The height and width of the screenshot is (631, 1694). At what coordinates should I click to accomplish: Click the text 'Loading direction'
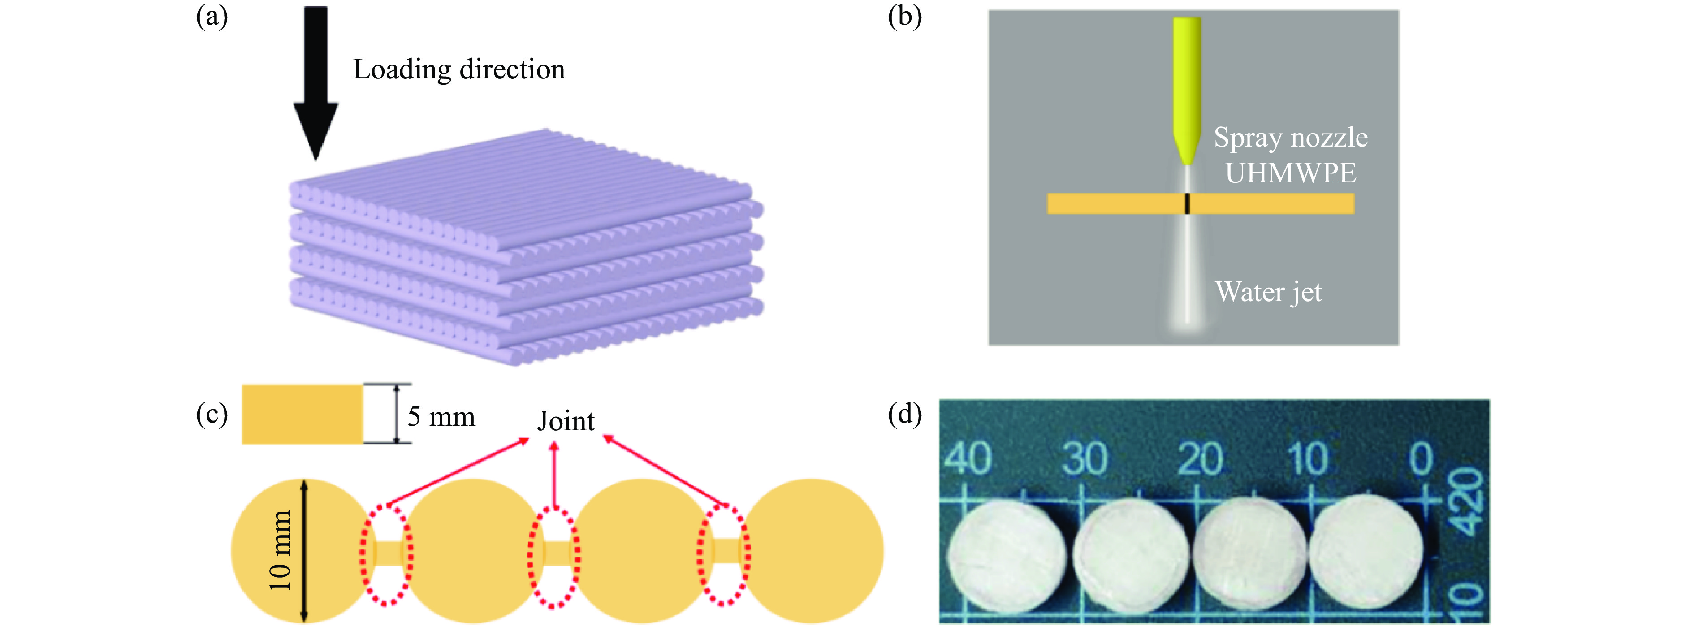click(x=458, y=69)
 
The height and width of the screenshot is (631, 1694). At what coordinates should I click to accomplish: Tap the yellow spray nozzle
click(x=1187, y=86)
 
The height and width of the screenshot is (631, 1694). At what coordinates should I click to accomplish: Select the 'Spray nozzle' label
click(x=1290, y=138)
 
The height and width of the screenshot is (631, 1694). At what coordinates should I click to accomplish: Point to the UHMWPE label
click(x=1290, y=173)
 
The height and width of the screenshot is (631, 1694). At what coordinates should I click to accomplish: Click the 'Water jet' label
click(x=1268, y=292)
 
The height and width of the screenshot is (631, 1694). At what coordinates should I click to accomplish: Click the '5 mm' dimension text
click(x=441, y=416)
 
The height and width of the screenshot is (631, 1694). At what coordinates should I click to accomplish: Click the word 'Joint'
click(x=566, y=421)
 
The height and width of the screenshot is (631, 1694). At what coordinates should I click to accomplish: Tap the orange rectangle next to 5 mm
click(x=302, y=414)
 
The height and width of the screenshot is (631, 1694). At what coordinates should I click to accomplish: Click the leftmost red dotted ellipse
click(x=386, y=555)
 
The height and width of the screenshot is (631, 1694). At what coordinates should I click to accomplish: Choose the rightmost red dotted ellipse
click(x=723, y=555)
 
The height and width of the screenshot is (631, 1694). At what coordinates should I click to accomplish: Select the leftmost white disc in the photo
click(x=1006, y=555)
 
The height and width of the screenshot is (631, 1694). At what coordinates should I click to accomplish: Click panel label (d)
click(x=904, y=414)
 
